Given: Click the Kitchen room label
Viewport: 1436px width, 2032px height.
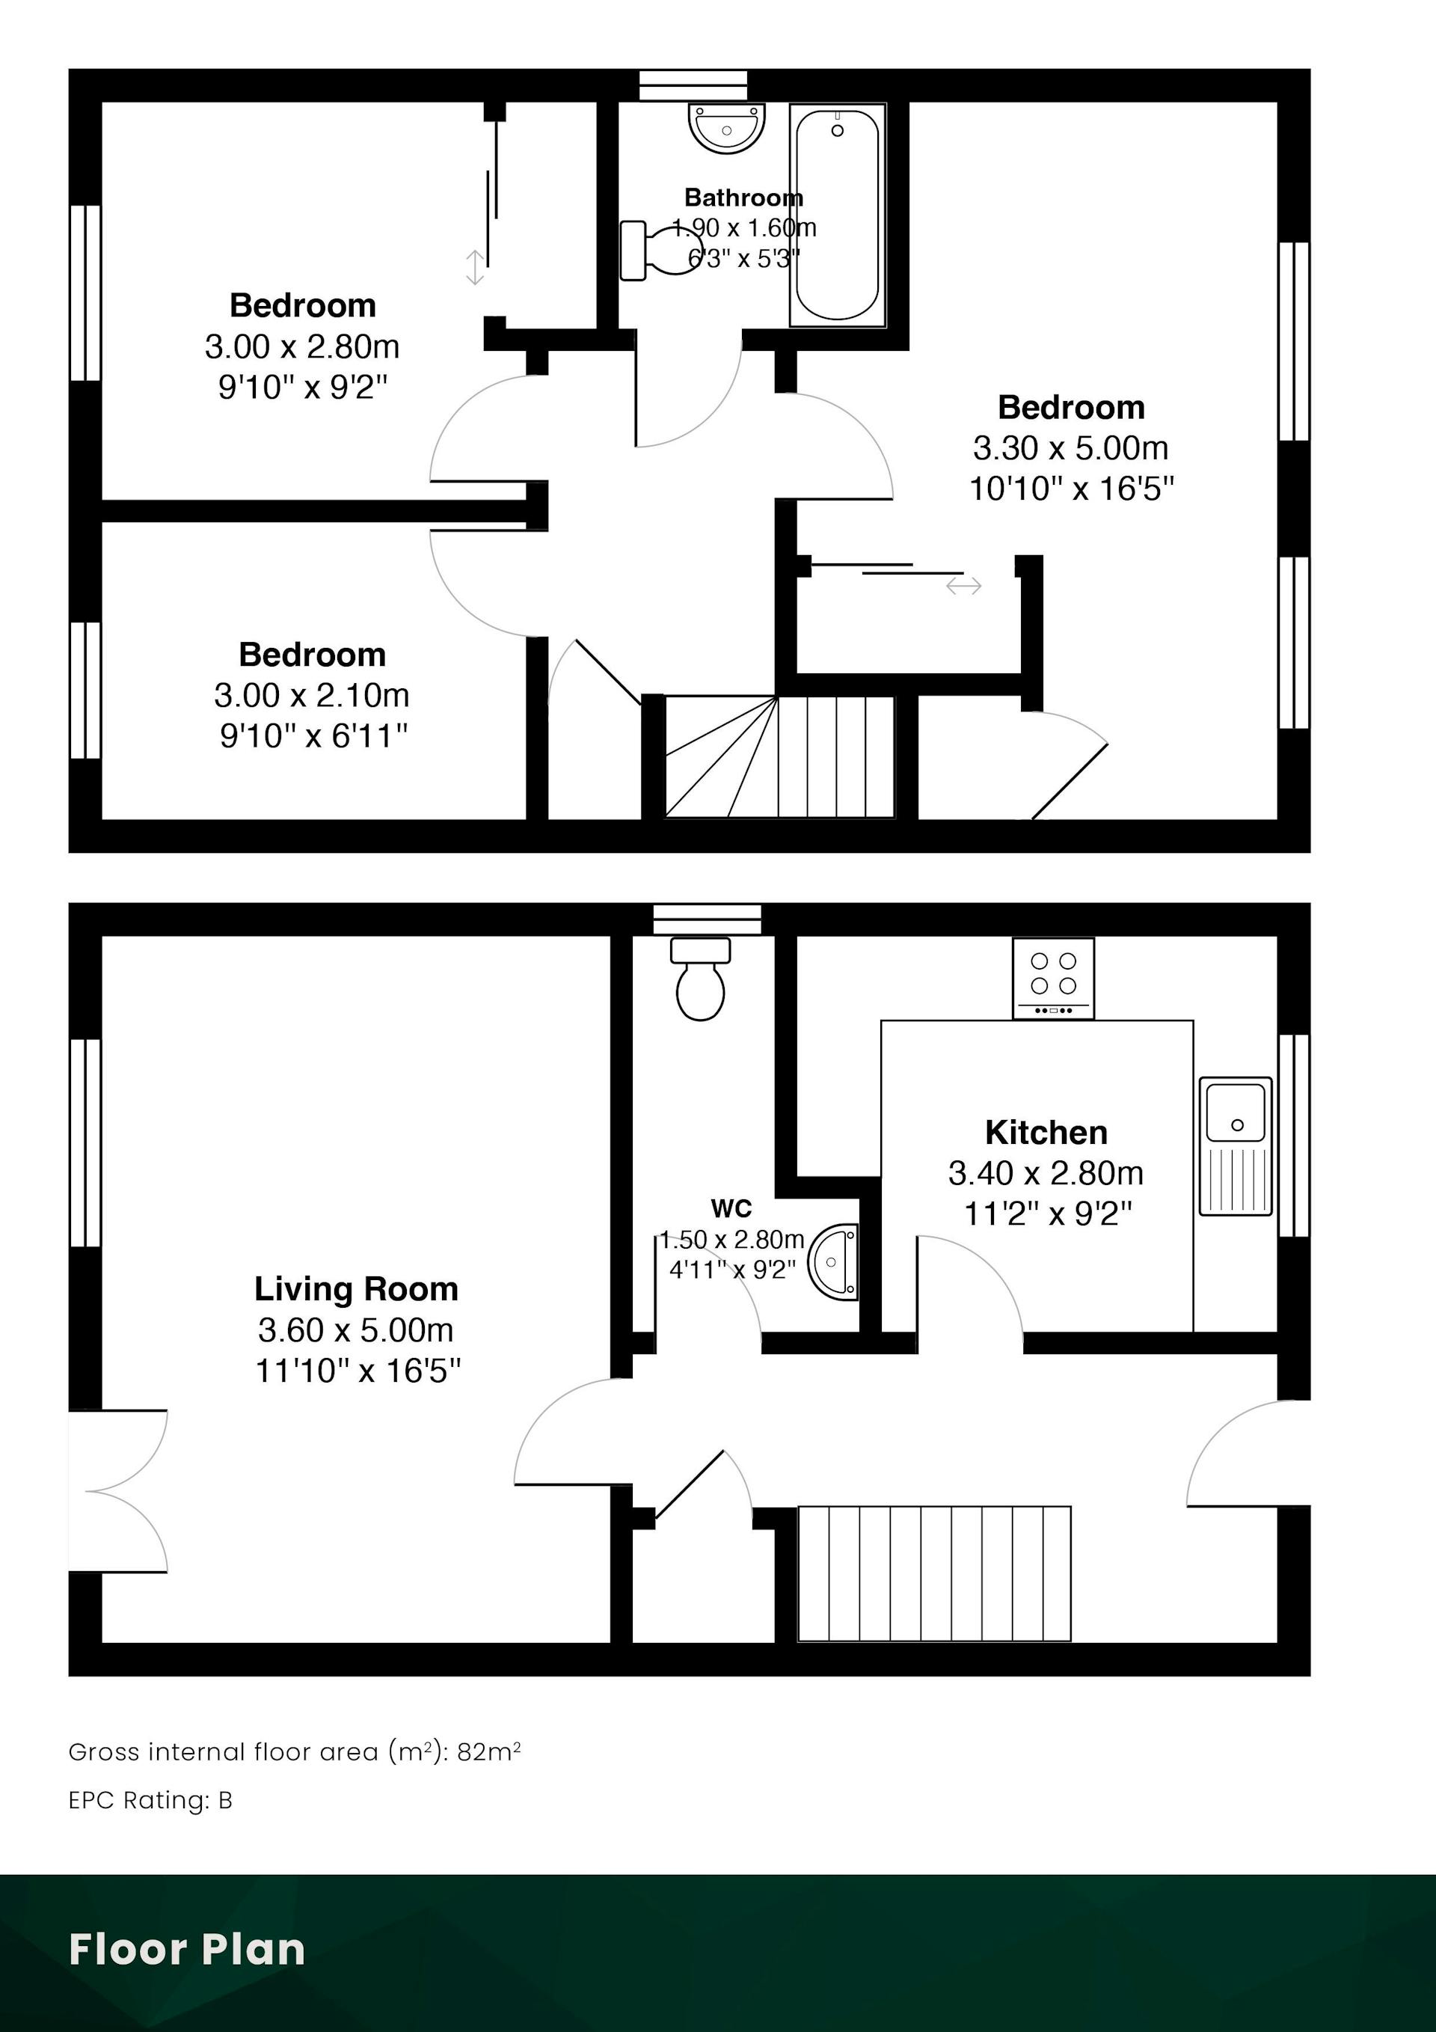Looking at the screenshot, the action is tap(1046, 1133).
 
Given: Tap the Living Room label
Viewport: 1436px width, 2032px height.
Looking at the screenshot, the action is tap(357, 1290).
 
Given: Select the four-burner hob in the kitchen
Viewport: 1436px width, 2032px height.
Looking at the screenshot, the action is tap(1053, 978).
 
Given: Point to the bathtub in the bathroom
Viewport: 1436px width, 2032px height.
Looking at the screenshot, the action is tap(837, 215).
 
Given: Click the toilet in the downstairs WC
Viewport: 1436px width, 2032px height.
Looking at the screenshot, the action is tap(701, 979).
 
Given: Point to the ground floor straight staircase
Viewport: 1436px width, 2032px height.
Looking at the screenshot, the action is tap(934, 1573).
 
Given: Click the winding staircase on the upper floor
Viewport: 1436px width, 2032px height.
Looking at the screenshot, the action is tap(779, 756).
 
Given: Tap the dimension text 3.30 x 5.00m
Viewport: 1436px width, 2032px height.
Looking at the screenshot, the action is tap(1070, 448).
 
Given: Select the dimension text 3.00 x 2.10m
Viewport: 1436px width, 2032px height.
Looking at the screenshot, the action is tap(311, 695).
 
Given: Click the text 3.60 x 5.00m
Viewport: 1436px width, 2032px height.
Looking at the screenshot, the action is tap(357, 1329).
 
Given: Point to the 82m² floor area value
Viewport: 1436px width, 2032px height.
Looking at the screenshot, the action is tap(488, 1751).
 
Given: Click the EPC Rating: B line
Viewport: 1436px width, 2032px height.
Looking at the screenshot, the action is tap(150, 1800).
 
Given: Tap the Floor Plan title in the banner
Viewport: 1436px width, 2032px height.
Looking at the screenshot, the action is tap(187, 1949).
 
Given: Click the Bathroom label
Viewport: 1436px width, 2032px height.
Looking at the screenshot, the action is tap(743, 198).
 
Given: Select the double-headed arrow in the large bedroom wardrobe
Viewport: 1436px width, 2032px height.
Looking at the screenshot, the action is tap(963, 585).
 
